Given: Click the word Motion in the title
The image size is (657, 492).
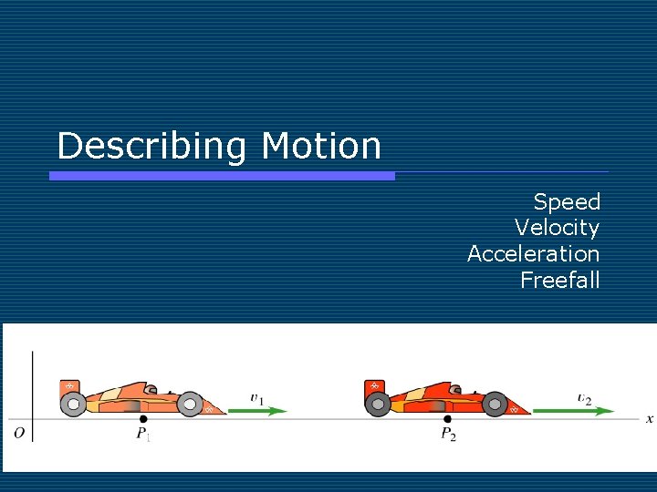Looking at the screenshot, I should [320, 146].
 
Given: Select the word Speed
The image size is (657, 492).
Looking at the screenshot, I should [566, 202].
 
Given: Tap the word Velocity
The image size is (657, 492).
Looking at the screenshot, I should [557, 228].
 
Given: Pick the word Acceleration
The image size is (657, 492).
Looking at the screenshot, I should [533, 254].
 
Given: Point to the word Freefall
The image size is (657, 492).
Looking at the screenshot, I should [559, 280].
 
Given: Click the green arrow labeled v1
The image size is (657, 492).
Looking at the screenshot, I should [257, 411].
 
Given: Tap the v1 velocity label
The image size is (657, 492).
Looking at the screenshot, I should [257, 398].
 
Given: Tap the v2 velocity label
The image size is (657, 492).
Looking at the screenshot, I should [584, 398].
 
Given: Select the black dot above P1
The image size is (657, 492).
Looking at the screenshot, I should [142, 418].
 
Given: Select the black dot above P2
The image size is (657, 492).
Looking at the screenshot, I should [447, 418].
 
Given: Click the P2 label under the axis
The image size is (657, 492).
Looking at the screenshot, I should [448, 435].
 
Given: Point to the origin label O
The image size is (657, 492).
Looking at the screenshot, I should [19, 433].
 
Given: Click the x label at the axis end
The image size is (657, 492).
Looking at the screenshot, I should [649, 419].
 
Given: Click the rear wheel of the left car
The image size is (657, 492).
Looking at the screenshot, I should [73, 405].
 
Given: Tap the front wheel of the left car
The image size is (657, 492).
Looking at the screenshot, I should [190, 404].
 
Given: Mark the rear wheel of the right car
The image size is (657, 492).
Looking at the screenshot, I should [378, 405].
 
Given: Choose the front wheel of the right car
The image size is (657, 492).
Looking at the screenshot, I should [495, 404].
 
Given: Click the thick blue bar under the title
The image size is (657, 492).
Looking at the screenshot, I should [222, 176].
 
